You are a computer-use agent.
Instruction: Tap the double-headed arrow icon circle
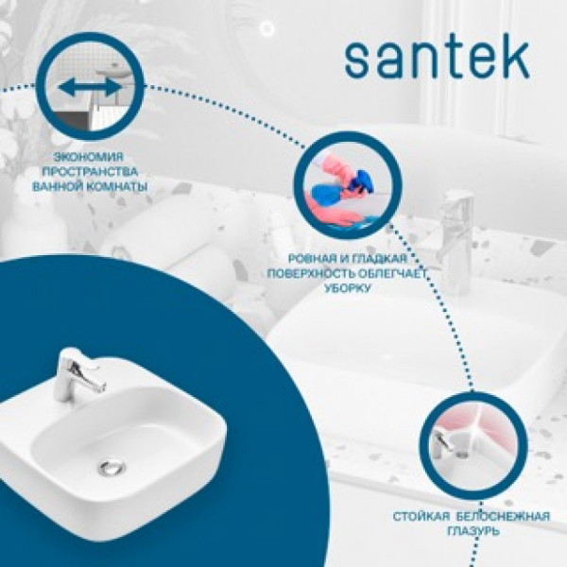coord(90,87)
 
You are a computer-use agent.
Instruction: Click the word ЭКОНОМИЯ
coord(90,156)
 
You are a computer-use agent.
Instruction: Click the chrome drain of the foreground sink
coord(111,464)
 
